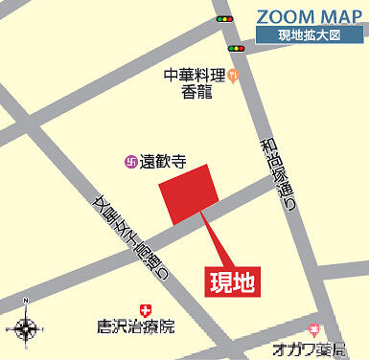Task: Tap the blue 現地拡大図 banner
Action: (x=311, y=35)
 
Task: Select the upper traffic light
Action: (x=224, y=18)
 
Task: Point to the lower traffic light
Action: (x=236, y=48)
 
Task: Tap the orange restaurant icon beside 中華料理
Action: (x=234, y=77)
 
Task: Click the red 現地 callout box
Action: (x=233, y=281)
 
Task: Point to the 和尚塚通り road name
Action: (x=276, y=177)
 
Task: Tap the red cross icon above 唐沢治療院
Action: (x=145, y=308)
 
